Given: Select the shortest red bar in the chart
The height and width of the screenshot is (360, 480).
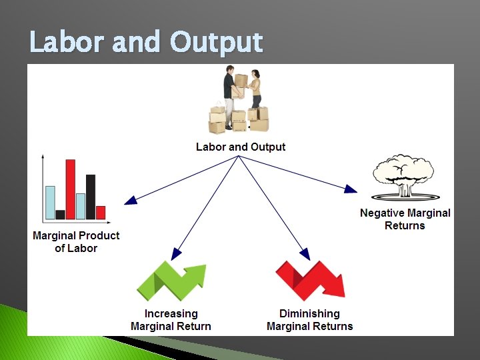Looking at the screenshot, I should pyautogui.click(x=101, y=213).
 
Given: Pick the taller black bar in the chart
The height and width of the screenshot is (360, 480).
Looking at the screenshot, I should pyautogui.click(x=91, y=197).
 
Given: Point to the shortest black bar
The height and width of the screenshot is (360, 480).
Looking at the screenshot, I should pyautogui.click(x=60, y=215).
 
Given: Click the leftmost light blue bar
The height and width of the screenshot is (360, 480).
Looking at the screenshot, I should pyautogui.click(x=50, y=203).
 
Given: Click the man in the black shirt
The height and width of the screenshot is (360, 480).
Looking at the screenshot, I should pyautogui.click(x=230, y=100).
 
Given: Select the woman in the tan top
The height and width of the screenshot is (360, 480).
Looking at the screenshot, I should pyautogui.click(x=255, y=93).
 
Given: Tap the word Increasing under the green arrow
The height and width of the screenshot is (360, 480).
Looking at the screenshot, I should pyautogui.click(x=171, y=313).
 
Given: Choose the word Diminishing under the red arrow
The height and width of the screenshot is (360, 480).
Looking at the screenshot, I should pyautogui.click(x=309, y=313).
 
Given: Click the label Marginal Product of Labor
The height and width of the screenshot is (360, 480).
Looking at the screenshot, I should pyautogui.click(x=76, y=242).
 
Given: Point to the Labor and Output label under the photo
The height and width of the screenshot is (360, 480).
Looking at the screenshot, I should pyautogui.click(x=241, y=147).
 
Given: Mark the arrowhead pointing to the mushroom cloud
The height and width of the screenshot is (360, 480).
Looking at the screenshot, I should pyautogui.click(x=351, y=189).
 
